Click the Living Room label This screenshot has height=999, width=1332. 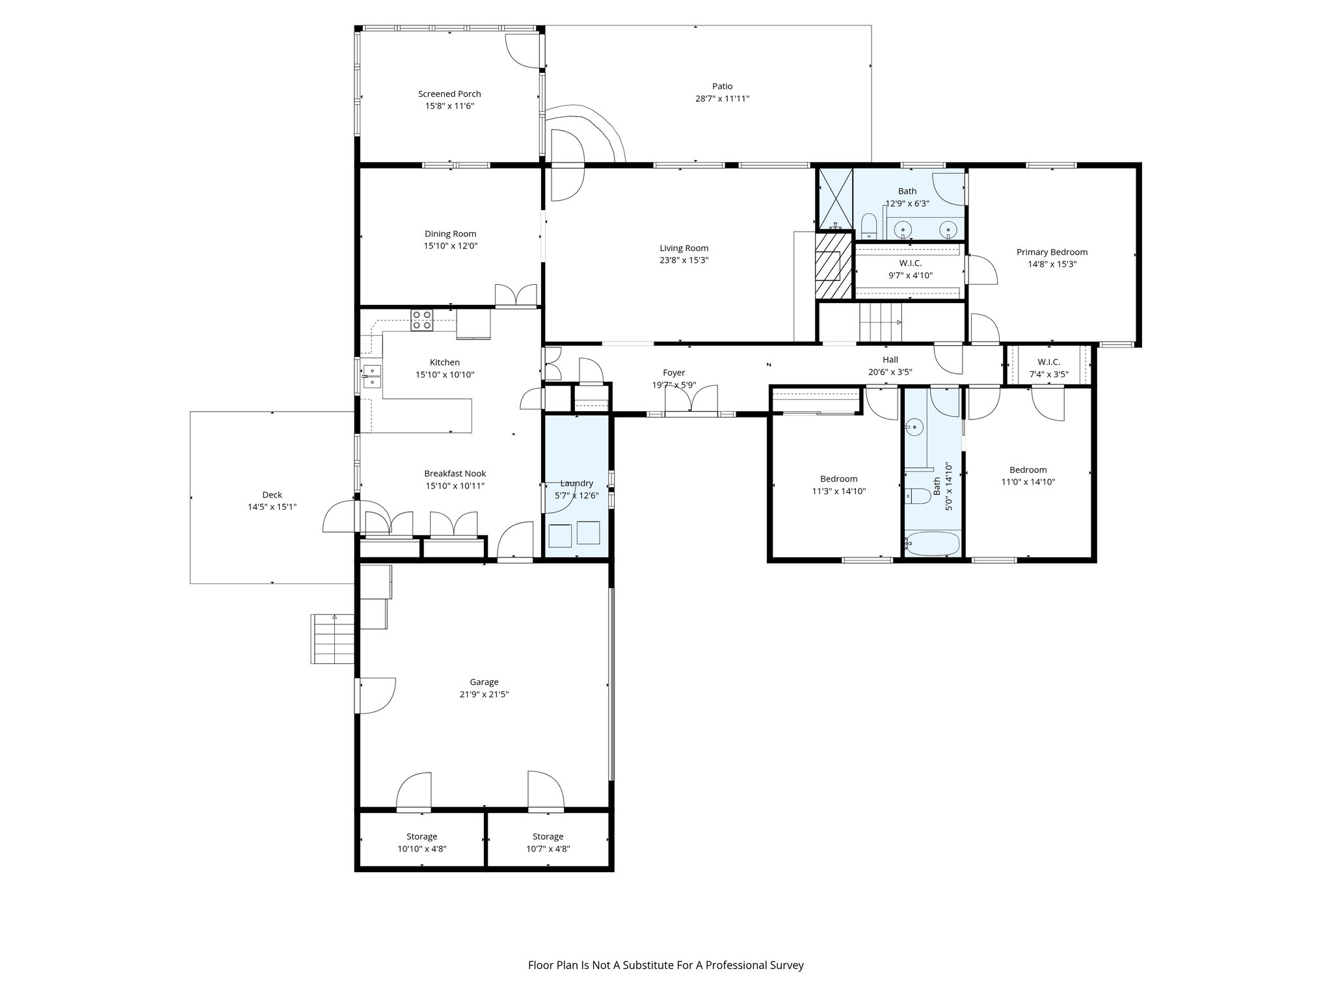coord(684,248)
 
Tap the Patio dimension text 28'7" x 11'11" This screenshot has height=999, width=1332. coord(722,99)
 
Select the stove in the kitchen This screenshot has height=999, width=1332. coord(421,321)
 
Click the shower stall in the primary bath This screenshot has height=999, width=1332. coord(835,198)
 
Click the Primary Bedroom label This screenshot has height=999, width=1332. coord(1052,252)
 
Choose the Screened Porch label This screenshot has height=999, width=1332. coord(449,94)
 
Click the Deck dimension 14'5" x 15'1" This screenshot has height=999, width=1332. coord(272,507)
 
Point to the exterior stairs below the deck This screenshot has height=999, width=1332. coord(332,639)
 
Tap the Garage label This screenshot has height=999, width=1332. coord(484,682)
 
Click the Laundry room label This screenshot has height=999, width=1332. coord(576,483)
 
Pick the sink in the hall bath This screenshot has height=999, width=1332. coord(914,427)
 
